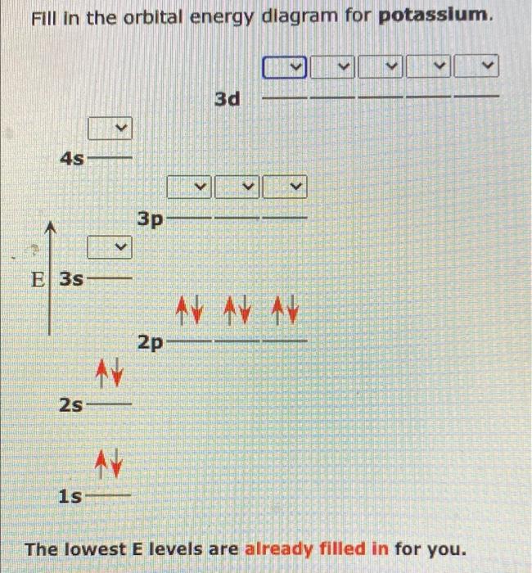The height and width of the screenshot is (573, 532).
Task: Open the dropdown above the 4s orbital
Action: pos(110,129)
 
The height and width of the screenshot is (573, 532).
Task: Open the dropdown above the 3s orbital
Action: pos(110,246)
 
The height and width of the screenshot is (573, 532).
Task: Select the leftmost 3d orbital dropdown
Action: pos(286,65)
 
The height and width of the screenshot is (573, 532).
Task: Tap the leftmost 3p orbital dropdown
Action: pos(189,187)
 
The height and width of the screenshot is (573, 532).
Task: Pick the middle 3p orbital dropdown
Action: pos(237,187)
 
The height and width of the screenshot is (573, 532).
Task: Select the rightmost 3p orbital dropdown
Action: pos(285,187)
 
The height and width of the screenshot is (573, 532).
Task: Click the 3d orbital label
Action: pos(228,99)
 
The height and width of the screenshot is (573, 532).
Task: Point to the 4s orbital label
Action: pos(72,158)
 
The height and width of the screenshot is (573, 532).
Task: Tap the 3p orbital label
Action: pos(151,219)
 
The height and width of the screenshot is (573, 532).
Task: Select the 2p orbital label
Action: pos(151,342)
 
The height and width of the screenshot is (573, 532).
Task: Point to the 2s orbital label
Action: pos(72,404)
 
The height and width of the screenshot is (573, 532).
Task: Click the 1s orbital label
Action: pos(71,496)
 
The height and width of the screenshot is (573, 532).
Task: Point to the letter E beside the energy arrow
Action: pos(37,279)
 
